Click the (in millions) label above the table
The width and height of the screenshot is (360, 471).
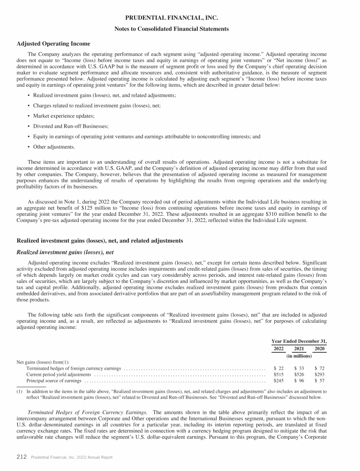tap(299, 357)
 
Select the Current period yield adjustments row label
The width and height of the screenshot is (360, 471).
tap(59, 375)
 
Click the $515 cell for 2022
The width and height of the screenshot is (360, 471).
tap(278, 375)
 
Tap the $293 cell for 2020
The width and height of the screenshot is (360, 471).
tap(320, 375)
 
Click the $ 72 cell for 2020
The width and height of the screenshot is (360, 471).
tap(320, 369)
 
